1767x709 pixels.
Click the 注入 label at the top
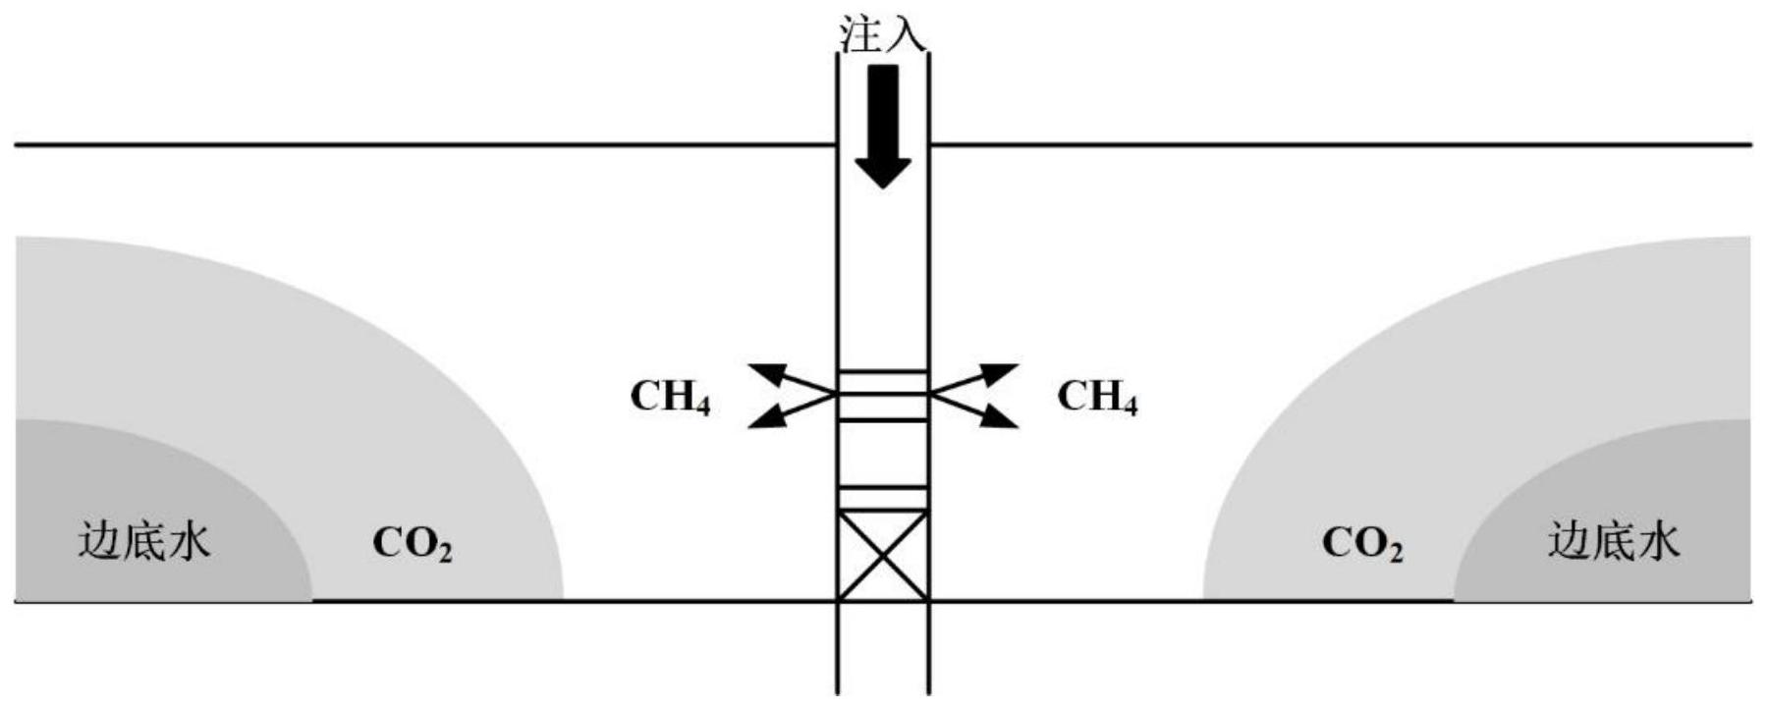(x=881, y=32)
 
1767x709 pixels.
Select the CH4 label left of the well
(x=670, y=397)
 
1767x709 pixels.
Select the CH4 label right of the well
(x=1097, y=397)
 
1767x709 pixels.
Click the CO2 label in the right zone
(x=1362, y=543)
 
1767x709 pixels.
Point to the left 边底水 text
(x=144, y=541)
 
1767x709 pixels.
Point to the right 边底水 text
(x=1614, y=541)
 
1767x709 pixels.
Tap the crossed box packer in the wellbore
(x=882, y=555)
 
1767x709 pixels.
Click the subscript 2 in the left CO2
(x=444, y=553)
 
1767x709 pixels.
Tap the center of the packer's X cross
(x=882, y=555)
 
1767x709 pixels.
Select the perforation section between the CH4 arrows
(x=882, y=395)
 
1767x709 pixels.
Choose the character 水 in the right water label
(x=1658, y=541)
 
